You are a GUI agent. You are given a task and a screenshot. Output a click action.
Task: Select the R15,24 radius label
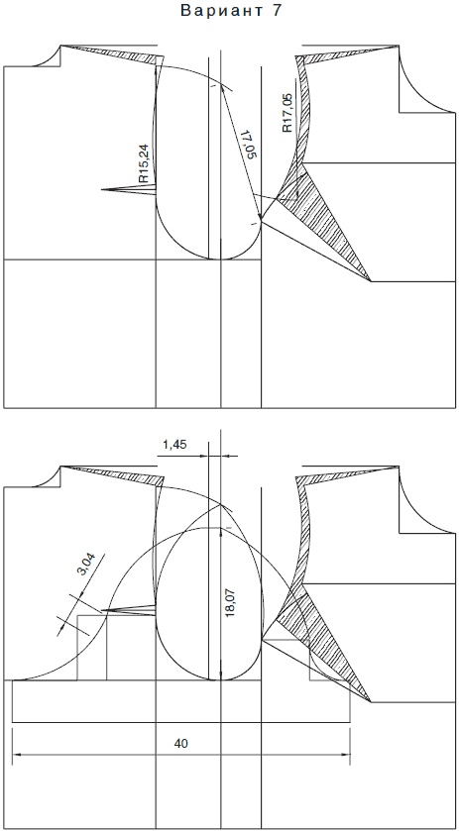tap(144, 163)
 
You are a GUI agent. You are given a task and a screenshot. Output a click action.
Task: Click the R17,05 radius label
tap(287, 113)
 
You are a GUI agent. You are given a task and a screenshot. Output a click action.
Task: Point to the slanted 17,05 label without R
tap(249, 144)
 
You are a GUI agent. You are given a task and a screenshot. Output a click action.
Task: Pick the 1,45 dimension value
tap(174, 444)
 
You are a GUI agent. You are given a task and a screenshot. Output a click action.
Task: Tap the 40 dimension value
tap(181, 744)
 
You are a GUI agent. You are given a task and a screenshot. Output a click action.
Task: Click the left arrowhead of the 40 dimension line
tap(17, 754)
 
